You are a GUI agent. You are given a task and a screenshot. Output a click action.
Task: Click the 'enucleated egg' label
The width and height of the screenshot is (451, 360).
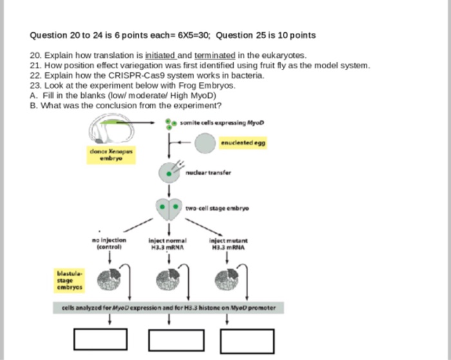243,142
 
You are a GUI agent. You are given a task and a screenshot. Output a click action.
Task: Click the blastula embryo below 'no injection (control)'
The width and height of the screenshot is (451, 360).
106,279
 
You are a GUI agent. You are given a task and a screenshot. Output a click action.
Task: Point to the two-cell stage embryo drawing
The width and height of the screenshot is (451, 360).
169,208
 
